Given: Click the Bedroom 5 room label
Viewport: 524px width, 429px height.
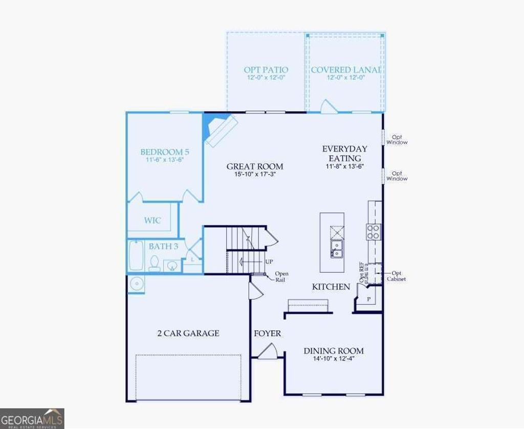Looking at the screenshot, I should pyautogui.click(x=165, y=152).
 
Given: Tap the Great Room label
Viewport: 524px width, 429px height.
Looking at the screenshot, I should pyautogui.click(x=254, y=166).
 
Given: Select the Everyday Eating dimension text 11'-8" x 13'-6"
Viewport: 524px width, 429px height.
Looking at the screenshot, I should pyautogui.click(x=345, y=167).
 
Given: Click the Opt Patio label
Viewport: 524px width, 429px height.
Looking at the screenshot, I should pyautogui.click(x=266, y=70).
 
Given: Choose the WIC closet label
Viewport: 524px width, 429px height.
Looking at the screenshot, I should pyautogui.click(x=152, y=221).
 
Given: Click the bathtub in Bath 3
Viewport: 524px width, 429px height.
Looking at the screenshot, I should pyautogui.click(x=136, y=256).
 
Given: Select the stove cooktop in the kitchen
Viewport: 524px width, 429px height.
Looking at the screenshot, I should pyautogui.click(x=374, y=232).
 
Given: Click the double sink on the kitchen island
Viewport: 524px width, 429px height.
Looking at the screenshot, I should pyautogui.click(x=337, y=249).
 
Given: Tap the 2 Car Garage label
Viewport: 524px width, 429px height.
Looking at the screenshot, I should pyautogui.click(x=188, y=333).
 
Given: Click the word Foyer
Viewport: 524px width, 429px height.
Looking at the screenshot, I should pyautogui.click(x=268, y=333).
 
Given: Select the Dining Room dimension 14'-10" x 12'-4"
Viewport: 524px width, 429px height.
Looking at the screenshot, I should pyautogui.click(x=333, y=359).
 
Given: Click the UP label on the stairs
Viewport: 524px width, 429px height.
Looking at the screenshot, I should pyautogui.click(x=269, y=262).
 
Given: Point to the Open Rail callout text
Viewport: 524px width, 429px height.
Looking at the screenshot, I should pyautogui.click(x=281, y=277).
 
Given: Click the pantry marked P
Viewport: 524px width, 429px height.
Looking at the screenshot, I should pyautogui.click(x=368, y=299).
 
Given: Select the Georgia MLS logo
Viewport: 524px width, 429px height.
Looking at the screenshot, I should pyautogui.click(x=32, y=418).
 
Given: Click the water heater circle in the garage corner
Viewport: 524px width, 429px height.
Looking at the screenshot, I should pyautogui.click(x=136, y=283).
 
